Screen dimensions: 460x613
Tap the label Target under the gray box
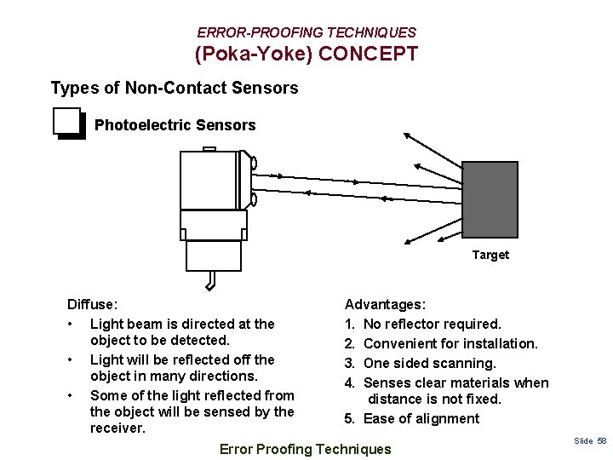(490, 255)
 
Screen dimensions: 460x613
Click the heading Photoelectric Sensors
(175, 125)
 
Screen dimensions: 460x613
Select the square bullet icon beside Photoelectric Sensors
(68, 124)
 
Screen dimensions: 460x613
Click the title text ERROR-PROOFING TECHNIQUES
(306, 32)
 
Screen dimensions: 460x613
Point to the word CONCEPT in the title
(370, 55)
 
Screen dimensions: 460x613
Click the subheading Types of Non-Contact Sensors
(175, 88)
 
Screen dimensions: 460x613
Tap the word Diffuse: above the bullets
(93, 304)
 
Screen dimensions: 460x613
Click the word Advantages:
(385, 304)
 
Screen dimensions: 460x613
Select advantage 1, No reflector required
(432, 324)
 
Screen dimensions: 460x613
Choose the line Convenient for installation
(450, 343)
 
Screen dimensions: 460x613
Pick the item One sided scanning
(429, 363)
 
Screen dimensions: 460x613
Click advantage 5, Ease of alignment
(421, 418)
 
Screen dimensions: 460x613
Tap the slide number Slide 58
(589, 440)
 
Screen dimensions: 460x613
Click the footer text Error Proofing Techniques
(306, 449)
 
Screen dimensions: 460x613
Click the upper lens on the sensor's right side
(253, 164)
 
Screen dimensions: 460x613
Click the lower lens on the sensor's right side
(253, 200)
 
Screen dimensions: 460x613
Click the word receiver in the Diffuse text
(117, 428)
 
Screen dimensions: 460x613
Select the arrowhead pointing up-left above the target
(409, 135)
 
